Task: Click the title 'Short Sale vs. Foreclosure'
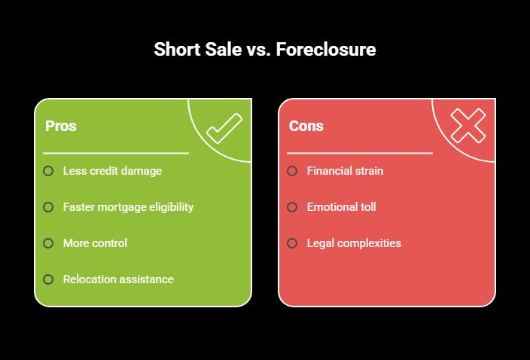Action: pyautogui.click(x=264, y=50)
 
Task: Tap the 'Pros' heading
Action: pyautogui.click(x=60, y=126)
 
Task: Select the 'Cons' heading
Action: pyautogui.click(x=306, y=126)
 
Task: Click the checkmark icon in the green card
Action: pyautogui.click(x=224, y=128)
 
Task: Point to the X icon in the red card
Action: pyautogui.click(x=468, y=125)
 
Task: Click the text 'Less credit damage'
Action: pyautogui.click(x=112, y=171)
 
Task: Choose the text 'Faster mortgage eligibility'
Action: pyautogui.click(x=128, y=207)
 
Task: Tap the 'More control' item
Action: pyautogui.click(x=95, y=243)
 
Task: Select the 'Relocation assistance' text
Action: pyautogui.click(x=118, y=279)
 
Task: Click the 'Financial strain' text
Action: pyautogui.click(x=345, y=171)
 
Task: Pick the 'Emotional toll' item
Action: pyautogui.click(x=341, y=207)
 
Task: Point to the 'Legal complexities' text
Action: pyautogui.click(x=354, y=243)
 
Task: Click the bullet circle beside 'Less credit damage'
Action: pyautogui.click(x=48, y=171)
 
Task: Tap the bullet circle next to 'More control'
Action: pyautogui.click(x=48, y=243)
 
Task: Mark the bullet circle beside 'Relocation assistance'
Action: pyautogui.click(x=48, y=279)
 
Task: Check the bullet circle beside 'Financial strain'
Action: pyautogui.click(x=292, y=171)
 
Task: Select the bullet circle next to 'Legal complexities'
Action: pyautogui.click(x=292, y=243)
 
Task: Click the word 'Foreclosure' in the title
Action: pyautogui.click(x=325, y=50)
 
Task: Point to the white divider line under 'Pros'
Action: pyautogui.click(x=116, y=153)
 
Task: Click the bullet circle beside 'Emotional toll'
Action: pyautogui.click(x=292, y=207)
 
